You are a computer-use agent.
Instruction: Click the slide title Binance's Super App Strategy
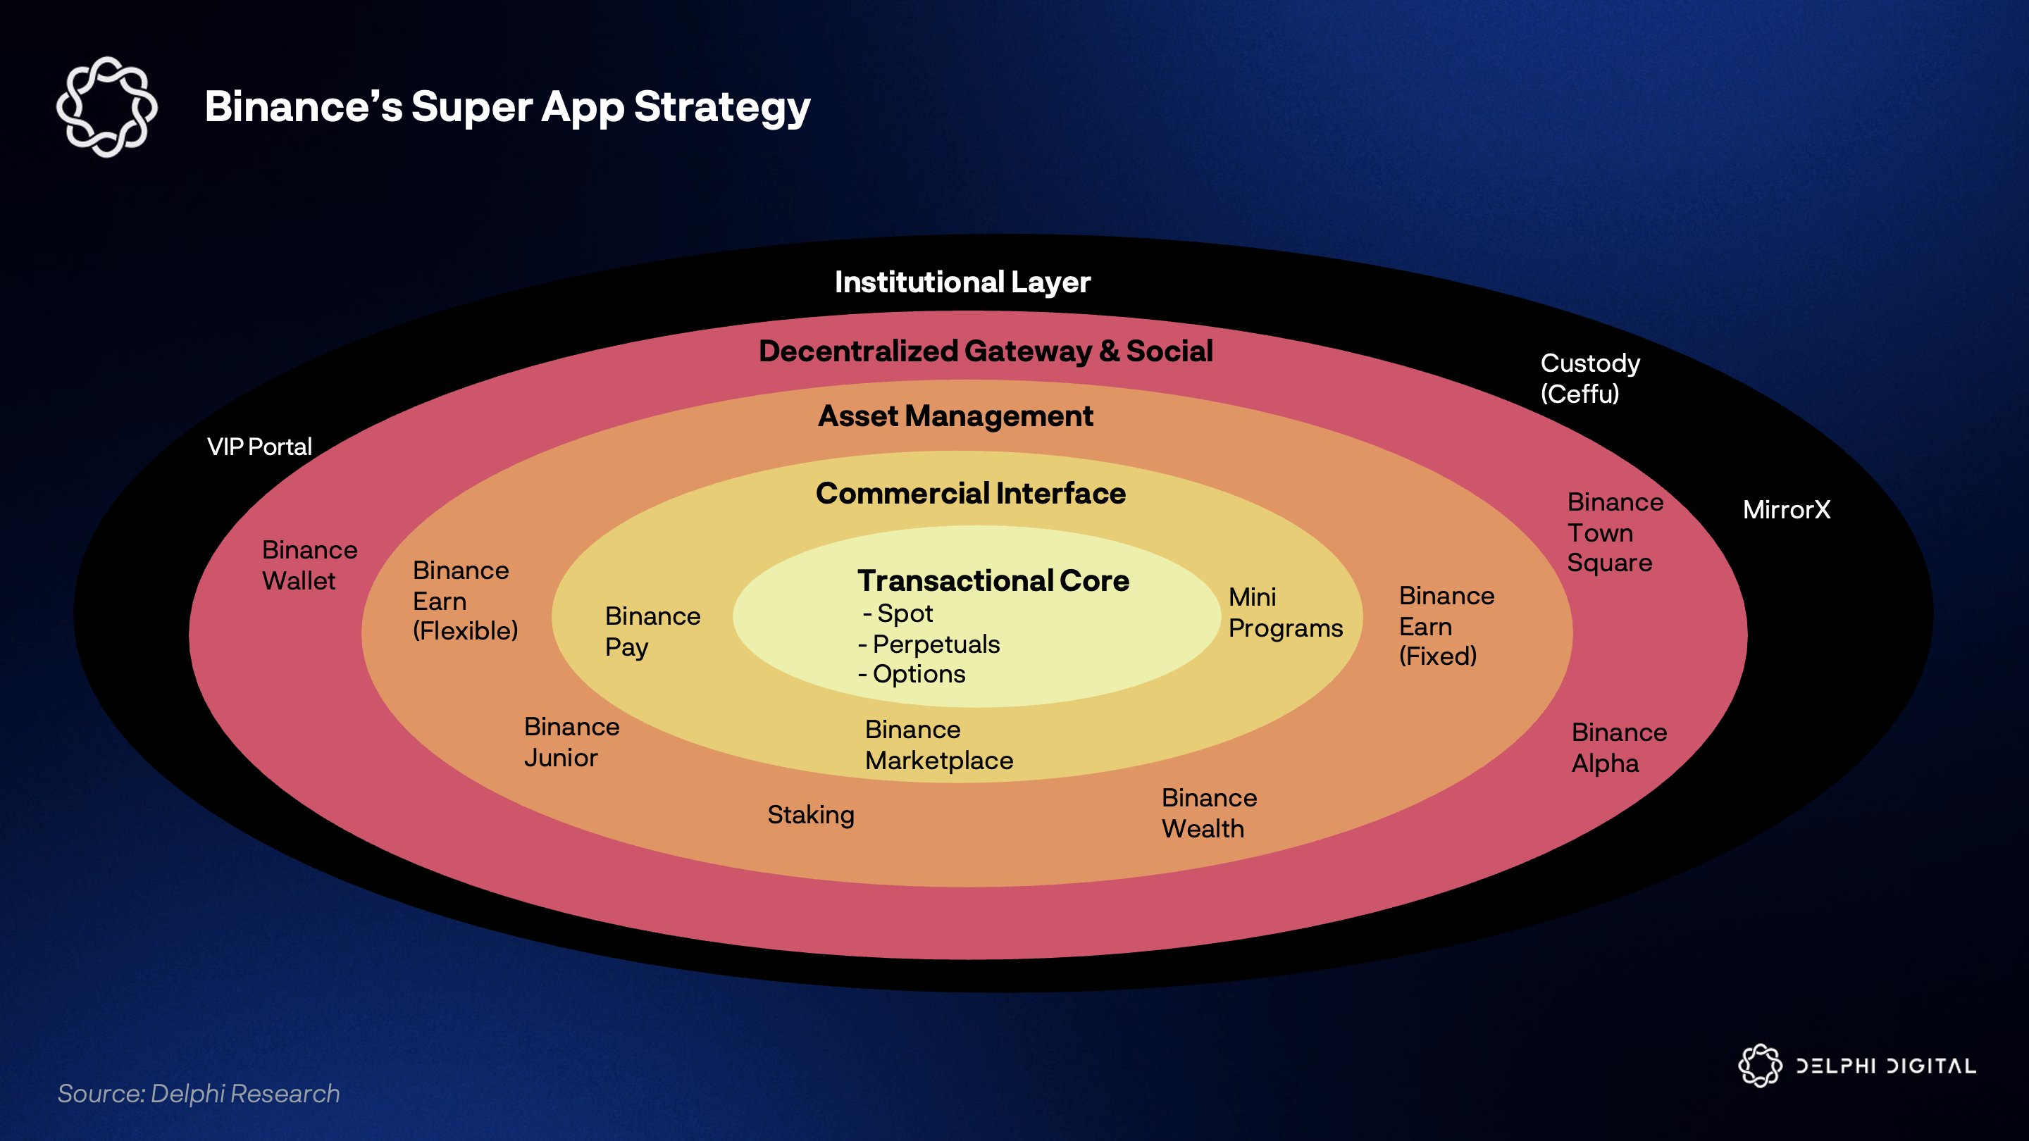click(507, 107)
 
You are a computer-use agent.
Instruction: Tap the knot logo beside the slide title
click(107, 107)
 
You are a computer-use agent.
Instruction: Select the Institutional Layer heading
click(962, 282)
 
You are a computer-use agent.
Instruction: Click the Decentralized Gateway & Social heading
click(986, 351)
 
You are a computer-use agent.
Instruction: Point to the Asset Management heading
click(955, 416)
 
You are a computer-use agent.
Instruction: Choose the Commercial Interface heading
click(970, 494)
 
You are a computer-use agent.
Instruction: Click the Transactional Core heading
click(993, 581)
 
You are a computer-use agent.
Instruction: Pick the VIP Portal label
click(259, 447)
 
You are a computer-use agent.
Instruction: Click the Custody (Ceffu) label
click(1589, 378)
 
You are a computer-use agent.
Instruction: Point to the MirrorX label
click(1787, 510)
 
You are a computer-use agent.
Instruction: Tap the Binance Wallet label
click(309, 566)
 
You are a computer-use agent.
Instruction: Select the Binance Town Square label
click(1615, 532)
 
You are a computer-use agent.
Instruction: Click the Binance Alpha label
click(1619, 748)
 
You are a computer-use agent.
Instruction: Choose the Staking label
click(810, 815)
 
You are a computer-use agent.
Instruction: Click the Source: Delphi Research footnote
click(199, 1094)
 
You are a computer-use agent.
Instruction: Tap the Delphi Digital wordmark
click(1885, 1066)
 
